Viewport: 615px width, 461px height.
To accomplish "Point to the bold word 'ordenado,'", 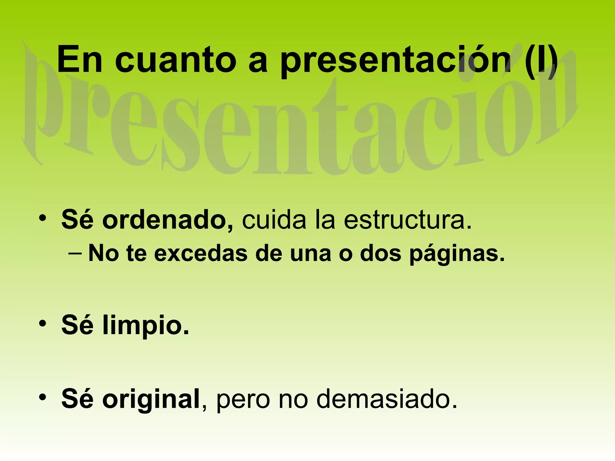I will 168,220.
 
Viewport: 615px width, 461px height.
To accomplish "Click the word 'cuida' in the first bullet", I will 274,220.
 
